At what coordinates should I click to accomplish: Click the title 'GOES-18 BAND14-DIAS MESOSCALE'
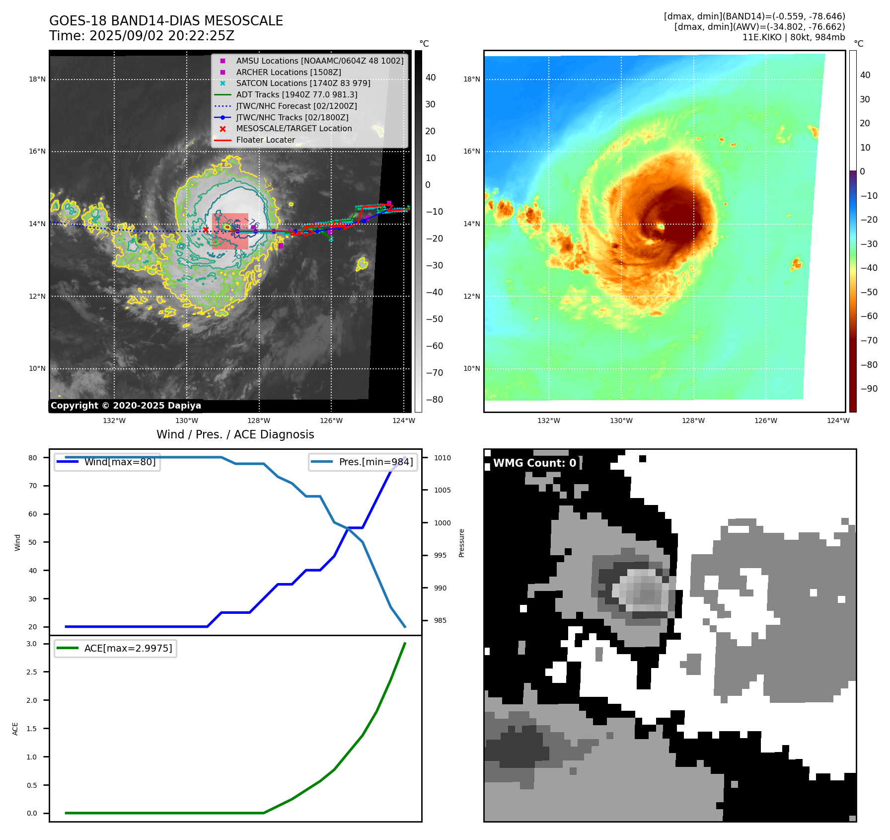pos(166,21)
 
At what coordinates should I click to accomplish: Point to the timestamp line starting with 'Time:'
pos(142,36)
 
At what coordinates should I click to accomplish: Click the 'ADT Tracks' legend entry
pos(297,94)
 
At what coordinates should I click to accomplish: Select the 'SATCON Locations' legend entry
pos(303,83)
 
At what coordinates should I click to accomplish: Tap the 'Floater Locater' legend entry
pos(265,140)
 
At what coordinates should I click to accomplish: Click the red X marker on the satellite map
pos(206,230)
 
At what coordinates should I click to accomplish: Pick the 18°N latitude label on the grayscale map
pos(37,79)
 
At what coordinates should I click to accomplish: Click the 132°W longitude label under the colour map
pos(548,420)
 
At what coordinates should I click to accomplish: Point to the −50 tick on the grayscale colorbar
pos(434,319)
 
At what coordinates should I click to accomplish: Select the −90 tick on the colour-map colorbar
pos(869,389)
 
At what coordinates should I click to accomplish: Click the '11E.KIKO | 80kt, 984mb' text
pos(793,37)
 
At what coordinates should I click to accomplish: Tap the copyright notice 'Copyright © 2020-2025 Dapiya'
pos(126,406)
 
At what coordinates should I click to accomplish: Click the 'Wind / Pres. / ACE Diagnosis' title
pos(235,434)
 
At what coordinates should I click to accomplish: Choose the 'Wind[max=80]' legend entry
pos(120,462)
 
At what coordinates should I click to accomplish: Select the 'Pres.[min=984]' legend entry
pos(375,462)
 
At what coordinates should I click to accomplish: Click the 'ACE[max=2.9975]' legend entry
pos(128,648)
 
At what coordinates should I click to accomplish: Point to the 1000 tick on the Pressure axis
pos(442,523)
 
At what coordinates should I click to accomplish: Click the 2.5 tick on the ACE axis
pos(32,672)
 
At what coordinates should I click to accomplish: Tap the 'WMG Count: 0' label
pos(534,463)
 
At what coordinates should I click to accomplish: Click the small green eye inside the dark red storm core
pos(661,227)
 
